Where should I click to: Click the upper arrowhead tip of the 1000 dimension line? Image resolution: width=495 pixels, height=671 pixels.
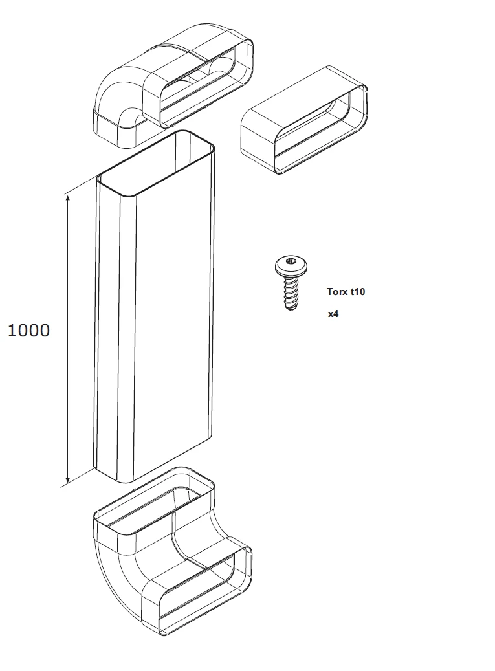pyautogui.click(x=67, y=195)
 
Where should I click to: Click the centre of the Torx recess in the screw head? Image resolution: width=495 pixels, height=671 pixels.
pyautogui.click(x=291, y=260)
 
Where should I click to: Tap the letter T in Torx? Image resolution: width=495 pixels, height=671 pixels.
pyautogui.click(x=330, y=291)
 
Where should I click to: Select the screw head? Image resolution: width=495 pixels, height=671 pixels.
pyautogui.click(x=291, y=265)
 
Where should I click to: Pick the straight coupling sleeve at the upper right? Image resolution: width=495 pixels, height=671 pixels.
pyautogui.click(x=303, y=120)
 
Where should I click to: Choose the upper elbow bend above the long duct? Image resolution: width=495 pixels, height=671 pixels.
pyautogui.click(x=173, y=85)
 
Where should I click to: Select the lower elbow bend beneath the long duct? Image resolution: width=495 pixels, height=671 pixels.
pyautogui.click(x=173, y=552)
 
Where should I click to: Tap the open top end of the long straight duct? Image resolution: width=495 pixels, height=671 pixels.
pyautogui.click(x=155, y=164)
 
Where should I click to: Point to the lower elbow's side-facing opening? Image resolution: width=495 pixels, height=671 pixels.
pyautogui.click(x=197, y=591)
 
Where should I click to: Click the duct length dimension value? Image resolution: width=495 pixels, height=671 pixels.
pyautogui.click(x=28, y=331)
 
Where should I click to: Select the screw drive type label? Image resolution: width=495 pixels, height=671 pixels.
pyautogui.click(x=346, y=291)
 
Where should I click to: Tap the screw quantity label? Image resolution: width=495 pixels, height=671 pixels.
pyautogui.click(x=333, y=314)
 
